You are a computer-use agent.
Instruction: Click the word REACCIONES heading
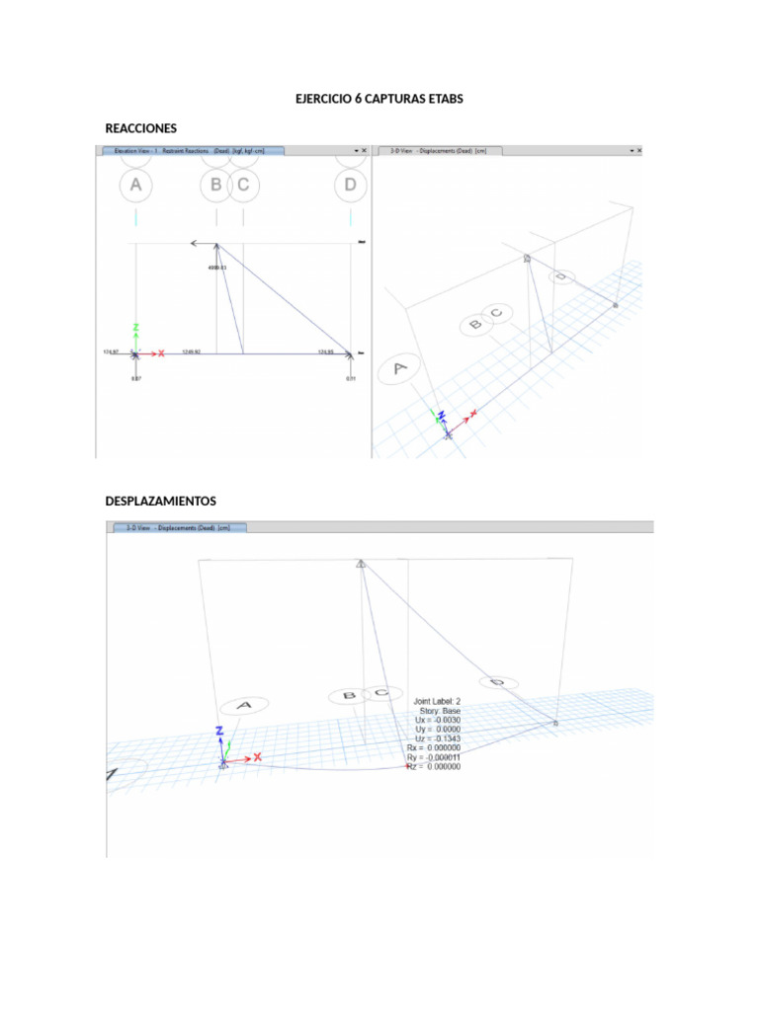point(140,128)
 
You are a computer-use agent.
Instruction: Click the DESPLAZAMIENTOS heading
point(160,502)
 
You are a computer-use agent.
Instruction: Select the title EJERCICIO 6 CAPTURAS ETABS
point(379,100)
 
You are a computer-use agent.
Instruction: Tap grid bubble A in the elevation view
point(135,185)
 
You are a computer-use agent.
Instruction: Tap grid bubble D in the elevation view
point(349,185)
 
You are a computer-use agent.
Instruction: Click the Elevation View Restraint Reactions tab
point(190,151)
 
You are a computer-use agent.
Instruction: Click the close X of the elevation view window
point(364,151)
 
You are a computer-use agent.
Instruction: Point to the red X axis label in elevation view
point(160,352)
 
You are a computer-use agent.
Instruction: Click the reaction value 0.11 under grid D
point(351,378)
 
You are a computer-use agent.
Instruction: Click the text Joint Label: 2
point(437,702)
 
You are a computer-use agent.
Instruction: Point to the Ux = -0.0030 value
point(437,721)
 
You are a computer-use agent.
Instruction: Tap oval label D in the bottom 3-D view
point(498,682)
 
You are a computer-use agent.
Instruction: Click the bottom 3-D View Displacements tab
point(178,528)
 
